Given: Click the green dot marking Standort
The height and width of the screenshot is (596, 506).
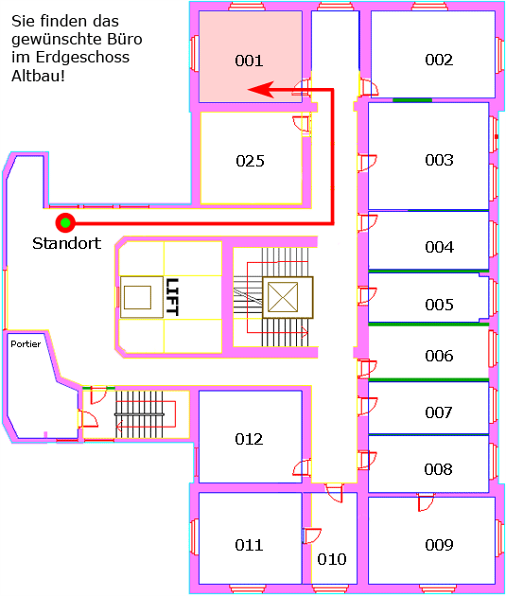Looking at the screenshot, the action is [x=65, y=222].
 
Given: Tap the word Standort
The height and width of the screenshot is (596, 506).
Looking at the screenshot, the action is [x=67, y=243].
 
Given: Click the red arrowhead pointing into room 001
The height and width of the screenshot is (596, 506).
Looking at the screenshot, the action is [x=261, y=90].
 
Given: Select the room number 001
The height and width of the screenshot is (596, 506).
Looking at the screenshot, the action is [x=249, y=61].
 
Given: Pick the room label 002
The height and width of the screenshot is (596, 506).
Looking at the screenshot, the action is [x=439, y=60].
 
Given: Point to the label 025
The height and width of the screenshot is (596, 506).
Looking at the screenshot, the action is [x=250, y=161].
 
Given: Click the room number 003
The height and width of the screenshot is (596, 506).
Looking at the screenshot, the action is [x=439, y=160].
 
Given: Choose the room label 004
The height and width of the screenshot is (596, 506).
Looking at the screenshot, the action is [x=440, y=247].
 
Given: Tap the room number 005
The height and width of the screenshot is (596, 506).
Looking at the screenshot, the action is [x=440, y=305].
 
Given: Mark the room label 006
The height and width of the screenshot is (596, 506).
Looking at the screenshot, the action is [x=440, y=356].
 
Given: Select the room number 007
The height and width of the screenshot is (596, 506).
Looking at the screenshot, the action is [x=439, y=412].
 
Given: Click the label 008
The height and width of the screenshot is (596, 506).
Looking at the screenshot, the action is [x=439, y=469].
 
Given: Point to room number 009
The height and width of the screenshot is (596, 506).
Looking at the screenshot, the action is [x=439, y=545].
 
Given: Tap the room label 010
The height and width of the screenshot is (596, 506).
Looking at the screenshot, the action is [x=332, y=559].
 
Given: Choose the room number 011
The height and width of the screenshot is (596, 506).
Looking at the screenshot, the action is [x=249, y=545].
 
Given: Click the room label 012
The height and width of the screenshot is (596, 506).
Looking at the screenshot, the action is [x=249, y=439].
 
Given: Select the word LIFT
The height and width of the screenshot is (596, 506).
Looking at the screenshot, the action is [x=172, y=297].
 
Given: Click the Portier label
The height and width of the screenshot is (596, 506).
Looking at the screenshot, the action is [x=26, y=344].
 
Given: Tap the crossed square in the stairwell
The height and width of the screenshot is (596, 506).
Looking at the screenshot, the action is [x=283, y=297].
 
